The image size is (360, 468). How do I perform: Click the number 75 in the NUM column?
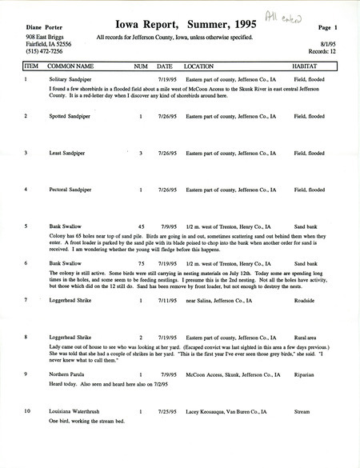point(141,262)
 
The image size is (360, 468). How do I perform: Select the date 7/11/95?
point(166,300)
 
